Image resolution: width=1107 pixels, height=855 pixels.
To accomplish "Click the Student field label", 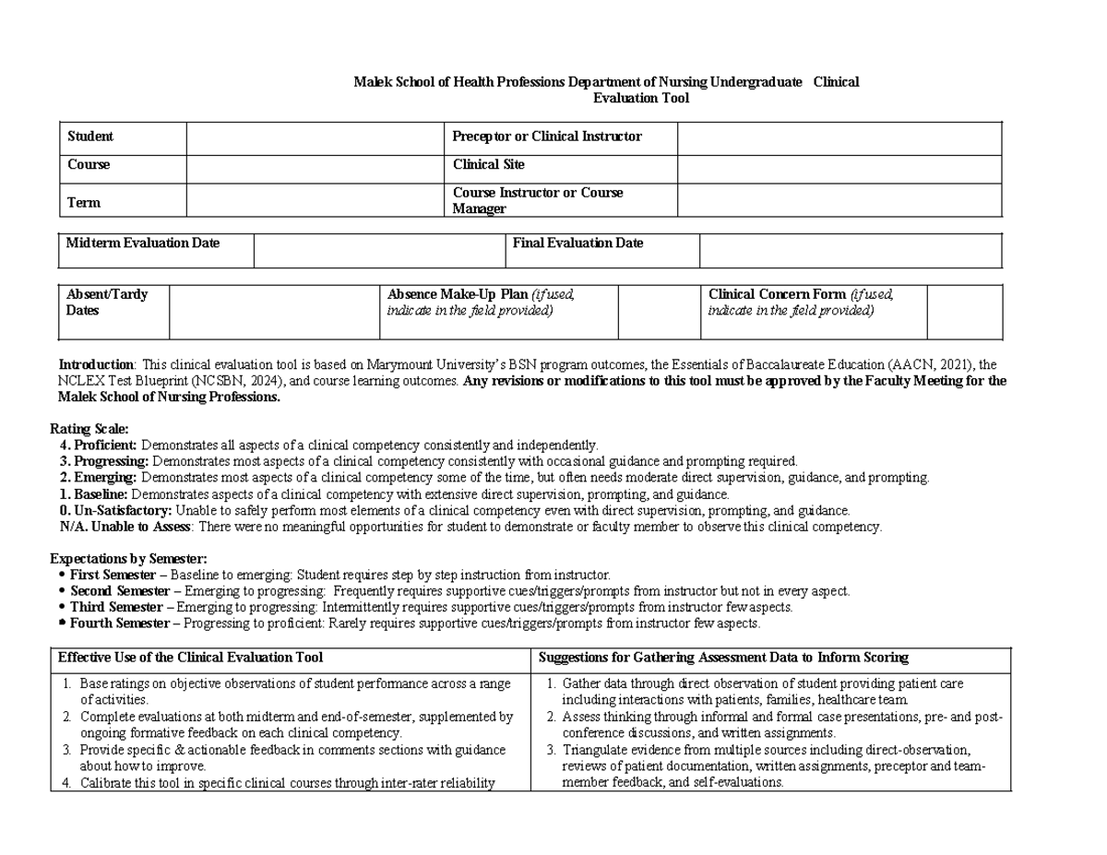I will (x=90, y=137).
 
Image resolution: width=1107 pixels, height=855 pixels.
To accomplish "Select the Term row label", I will (x=84, y=202).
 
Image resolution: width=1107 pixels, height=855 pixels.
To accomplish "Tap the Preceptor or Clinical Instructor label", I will (x=546, y=137).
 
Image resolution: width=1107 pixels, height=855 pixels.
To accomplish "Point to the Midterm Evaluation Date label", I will (x=143, y=243).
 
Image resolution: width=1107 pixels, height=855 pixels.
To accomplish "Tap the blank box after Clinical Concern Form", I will (x=963, y=312).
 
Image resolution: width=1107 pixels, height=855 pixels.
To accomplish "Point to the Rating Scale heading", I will (x=89, y=429).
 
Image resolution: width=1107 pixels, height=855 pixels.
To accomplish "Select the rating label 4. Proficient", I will (x=98, y=445).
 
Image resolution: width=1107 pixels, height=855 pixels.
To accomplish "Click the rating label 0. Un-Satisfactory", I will (x=115, y=510).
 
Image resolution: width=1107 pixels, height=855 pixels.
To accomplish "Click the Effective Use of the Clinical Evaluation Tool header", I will (x=191, y=658).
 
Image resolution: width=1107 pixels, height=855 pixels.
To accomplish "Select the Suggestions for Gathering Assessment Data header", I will (x=723, y=658).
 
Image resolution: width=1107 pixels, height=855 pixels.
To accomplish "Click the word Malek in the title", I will (x=372, y=82).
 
